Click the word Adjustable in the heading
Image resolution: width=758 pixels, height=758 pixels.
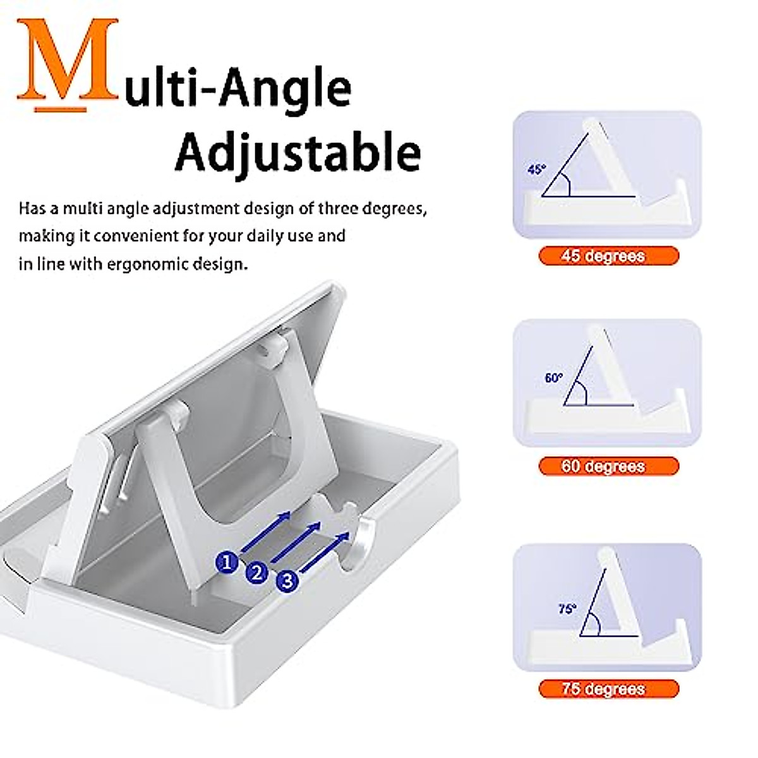pos(298,152)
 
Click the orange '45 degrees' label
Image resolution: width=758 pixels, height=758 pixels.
pos(608,256)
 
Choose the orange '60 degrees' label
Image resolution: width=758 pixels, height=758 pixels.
pos(608,466)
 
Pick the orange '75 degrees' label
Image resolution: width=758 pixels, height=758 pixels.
pos(608,688)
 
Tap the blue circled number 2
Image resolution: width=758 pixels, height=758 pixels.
pos(256,573)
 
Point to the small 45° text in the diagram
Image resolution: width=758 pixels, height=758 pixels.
pos(536,169)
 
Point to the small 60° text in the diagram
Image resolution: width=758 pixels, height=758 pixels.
pos(553,378)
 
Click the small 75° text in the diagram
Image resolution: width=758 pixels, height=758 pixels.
pos(567,609)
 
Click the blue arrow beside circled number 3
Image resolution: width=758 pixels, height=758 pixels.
pos(325,552)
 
